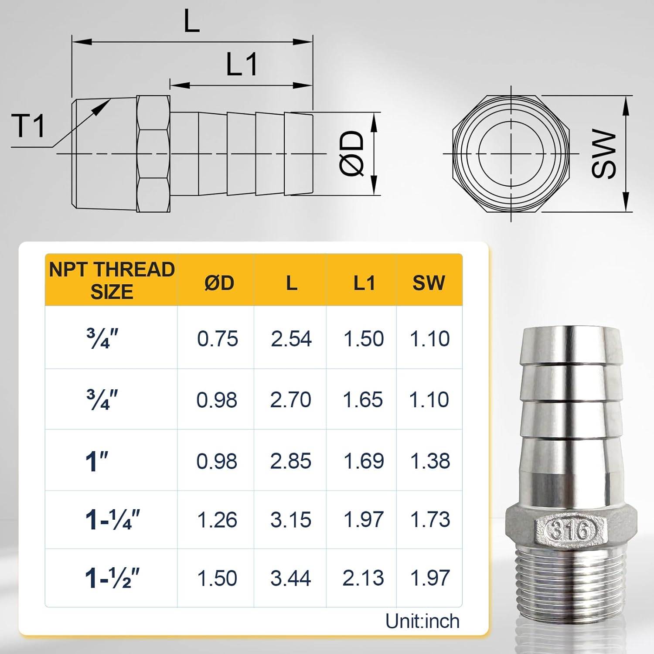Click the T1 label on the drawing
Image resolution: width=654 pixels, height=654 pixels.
point(28,126)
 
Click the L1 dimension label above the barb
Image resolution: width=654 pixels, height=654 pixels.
point(242,65)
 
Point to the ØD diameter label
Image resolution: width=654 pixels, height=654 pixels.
point(351,153)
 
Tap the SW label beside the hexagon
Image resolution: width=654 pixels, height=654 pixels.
point(604,153)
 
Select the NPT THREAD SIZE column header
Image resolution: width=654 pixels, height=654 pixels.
point(112,280)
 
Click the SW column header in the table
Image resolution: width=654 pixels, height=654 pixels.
point(429,283)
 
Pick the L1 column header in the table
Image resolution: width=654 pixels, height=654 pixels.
point(364,283)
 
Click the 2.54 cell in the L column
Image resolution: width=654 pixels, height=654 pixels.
point(291,339)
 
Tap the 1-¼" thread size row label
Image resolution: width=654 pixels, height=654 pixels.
point(112,520)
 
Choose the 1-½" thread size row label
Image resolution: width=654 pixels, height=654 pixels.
point(112,578)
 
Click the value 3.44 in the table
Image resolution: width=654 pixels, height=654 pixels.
point(290,578)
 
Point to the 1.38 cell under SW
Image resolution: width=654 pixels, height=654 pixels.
point(430,461)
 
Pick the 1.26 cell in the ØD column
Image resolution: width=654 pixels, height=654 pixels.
point(217,520)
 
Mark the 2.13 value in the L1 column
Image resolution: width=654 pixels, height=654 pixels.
point(363,578)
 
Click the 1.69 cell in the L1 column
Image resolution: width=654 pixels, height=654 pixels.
point(364,461)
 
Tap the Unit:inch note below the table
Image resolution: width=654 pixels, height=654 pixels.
point(422,621)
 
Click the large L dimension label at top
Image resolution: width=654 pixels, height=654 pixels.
point(192,21)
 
